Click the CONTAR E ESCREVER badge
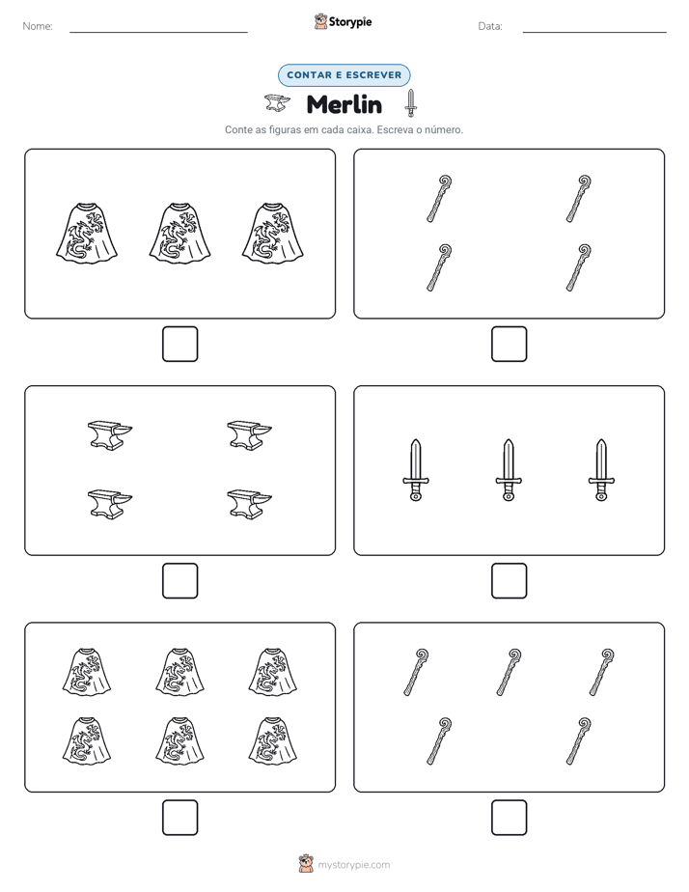pos(344,75)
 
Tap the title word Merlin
pos(344,104)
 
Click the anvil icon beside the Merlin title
pos(277,103)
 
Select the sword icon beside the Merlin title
pos(410,103)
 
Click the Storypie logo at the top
pos(343,21)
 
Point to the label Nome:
pos(38,26)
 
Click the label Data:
pos(490,26)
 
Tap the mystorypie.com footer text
pos(353,865)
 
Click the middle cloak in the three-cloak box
pos(179,234)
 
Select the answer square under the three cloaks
pos(180,345)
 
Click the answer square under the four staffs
pos(509,345)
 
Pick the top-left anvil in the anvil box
pos(110,435)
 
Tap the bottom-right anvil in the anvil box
pos(249,504)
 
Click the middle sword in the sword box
pos(509,470)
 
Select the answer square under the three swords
pos(509,581)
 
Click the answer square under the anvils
pos(180,581)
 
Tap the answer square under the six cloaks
pos(180,818)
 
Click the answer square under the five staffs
pos(509,818)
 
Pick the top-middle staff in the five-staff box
pos(509,672)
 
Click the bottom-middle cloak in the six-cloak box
pos(179,740)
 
